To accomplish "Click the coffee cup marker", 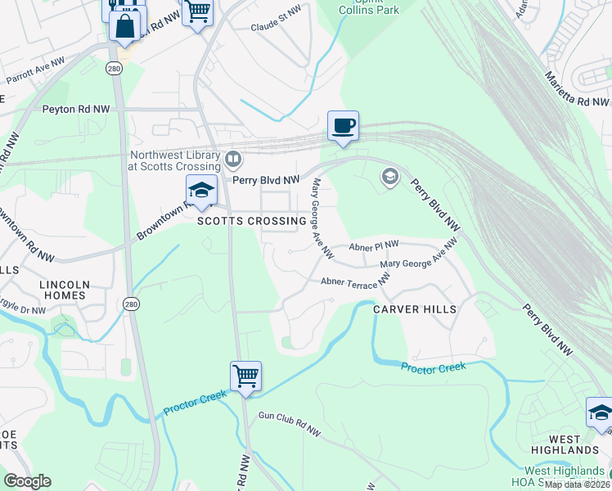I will [x=343, y=126].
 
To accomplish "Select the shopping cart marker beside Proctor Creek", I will [x=245, y=376].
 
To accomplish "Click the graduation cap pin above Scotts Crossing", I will [x=200, y=191].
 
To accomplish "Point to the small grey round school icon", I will [x=390, y=177].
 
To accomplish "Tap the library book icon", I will [x=234, y=157].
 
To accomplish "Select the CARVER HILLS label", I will [x=414, y=309].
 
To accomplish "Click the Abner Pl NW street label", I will [x=373, y=245].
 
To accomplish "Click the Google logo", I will [x=27, y=481].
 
